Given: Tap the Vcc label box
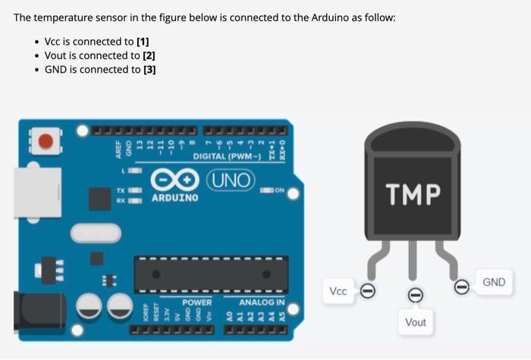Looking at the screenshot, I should pos(338,291).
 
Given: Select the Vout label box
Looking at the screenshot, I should pos(415,322).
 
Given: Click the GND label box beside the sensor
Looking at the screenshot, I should pos(493,282).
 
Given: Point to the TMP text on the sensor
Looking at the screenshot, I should pos(412,194).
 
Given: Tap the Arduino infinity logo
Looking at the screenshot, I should pos(174,181).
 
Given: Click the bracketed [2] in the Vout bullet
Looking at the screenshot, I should pos(148,55).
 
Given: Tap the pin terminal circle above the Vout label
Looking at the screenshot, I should pos(415,296).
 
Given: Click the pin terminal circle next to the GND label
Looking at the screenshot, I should pos(460,286).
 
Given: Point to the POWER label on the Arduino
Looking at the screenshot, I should pos(196,302).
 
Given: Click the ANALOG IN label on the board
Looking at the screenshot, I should pos(262,302).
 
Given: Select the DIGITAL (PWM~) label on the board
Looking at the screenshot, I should pos(227,156).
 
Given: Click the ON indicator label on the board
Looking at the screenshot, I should pos(280,190).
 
